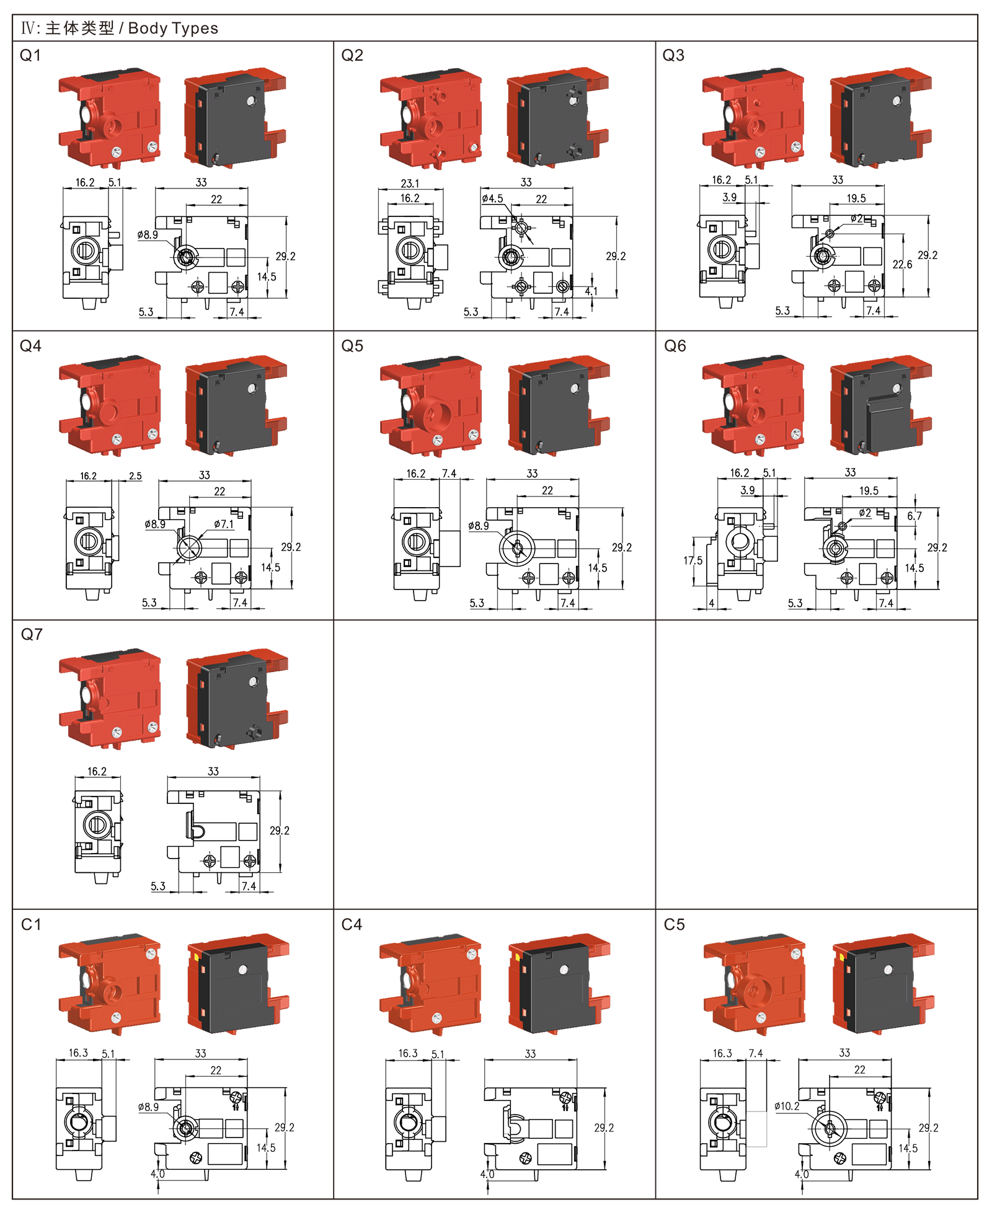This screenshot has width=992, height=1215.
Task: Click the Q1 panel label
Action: [30, 55]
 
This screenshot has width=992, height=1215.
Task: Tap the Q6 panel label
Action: [675, 346]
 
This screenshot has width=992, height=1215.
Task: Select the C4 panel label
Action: [352, 924]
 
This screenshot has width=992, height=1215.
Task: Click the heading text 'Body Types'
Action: [173, 29]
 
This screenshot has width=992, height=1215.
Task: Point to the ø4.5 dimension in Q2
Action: [492, 198]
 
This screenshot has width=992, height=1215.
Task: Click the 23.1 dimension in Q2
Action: [410, 183]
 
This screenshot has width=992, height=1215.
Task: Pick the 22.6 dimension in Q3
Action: [902, 264]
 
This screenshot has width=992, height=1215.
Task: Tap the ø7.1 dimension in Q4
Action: [224, 524]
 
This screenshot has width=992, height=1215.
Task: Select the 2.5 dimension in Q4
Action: [135, 476]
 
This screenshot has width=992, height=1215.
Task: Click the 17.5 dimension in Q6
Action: [693, 560]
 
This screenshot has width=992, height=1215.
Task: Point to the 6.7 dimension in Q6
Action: [914, 516]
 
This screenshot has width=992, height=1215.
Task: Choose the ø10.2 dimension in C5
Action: [787, 1106]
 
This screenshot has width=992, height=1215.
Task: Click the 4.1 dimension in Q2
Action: [591, 291]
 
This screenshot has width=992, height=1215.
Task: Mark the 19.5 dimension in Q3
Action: [856, 198]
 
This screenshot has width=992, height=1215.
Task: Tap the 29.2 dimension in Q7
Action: [280, 830]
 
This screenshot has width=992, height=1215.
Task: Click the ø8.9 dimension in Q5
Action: [478, 526]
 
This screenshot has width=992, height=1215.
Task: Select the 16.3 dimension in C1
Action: [78, 1053]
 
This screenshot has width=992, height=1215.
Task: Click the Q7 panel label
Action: [32, 634]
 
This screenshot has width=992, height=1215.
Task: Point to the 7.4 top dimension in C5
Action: [756, 1053]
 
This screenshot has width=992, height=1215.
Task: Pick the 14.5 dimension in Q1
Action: [267, 276]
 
